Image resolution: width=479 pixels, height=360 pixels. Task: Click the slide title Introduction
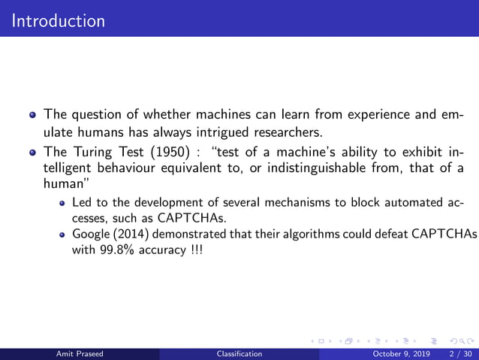(x=59, y=20)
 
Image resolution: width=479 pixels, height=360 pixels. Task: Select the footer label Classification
(x=239, y=353)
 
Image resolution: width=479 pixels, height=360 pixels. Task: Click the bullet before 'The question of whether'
(x=32, y=117)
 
